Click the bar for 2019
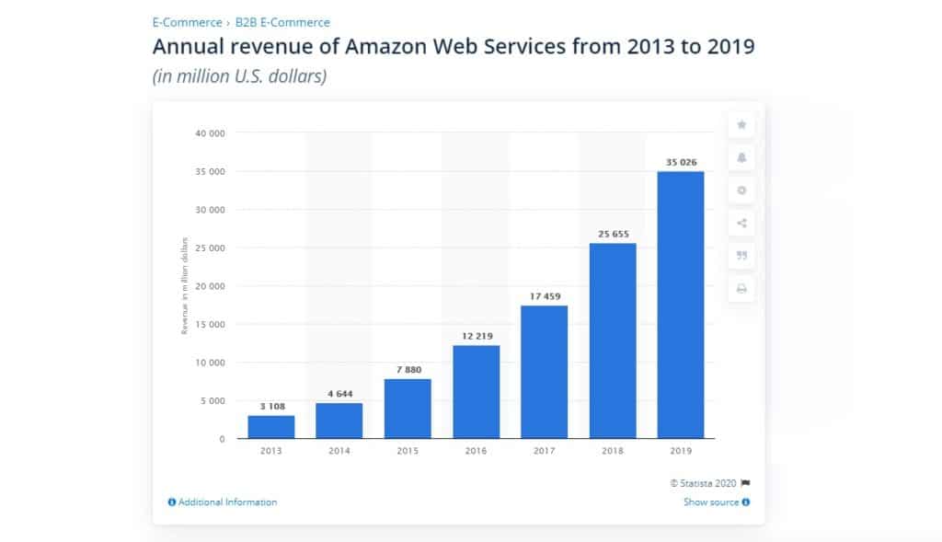[x=681, y=304]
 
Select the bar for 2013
[x=271, y=426]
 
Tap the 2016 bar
[x=476, y=391]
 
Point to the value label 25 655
[x=612, y=234]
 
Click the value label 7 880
[x=408, y=370]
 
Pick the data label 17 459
[x=544, y=296]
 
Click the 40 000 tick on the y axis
[x=211, y=133]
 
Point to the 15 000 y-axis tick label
[x=211, y=324]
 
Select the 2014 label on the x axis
[x=339, y=451]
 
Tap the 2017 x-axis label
[x=544, y=451]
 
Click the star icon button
[x=741, y=124]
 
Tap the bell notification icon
[x=741, y=157]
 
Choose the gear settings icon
[x=741, y=190]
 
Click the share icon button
[x=741, y=224]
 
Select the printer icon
[x=741, y=289]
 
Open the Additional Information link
[x=223, y=502]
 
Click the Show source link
[x=716, y=502]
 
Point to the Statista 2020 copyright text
[x=704, y=483]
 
